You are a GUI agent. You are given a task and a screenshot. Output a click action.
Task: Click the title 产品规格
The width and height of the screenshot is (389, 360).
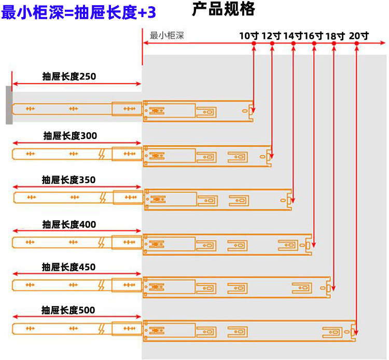pos(224,9)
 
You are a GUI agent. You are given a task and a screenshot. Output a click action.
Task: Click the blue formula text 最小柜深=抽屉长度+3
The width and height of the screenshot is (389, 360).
pos(79,12)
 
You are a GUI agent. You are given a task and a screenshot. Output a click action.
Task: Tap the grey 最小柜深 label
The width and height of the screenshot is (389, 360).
pos(166,35)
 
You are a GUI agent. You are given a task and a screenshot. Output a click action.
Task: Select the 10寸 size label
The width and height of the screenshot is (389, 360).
pos(249,36)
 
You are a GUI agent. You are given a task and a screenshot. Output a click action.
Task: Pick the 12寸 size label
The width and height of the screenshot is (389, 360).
pos(271,36)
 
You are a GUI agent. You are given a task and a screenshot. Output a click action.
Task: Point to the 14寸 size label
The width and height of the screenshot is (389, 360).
pos(293,36)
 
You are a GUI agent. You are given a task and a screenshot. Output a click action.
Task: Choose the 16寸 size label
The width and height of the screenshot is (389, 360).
pos(313,36)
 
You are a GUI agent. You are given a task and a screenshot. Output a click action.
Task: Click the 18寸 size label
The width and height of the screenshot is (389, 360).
pos(335,36)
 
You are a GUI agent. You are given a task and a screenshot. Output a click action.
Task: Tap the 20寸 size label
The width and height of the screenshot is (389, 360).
pos(359,36)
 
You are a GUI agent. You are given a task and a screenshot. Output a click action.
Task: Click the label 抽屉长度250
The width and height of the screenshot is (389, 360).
pos(69,76)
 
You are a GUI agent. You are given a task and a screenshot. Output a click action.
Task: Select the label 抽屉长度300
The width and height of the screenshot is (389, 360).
pos(70,136)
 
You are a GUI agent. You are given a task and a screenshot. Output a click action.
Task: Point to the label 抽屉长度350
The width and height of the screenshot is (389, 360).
pos(68,180)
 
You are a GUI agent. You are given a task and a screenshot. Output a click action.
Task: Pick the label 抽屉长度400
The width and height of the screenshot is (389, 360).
pos(69,225)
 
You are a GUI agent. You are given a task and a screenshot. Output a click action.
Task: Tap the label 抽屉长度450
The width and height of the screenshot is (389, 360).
pos(68,267)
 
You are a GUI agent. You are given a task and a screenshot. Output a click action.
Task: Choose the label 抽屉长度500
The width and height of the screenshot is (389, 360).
pos(68,310)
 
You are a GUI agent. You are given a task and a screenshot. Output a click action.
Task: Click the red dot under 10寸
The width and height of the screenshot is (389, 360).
pos(254,44)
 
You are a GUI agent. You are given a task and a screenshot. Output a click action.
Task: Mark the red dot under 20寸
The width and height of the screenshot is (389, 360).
pos(356,44)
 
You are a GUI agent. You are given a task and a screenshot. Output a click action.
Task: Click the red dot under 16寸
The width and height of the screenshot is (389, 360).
pos(314,44)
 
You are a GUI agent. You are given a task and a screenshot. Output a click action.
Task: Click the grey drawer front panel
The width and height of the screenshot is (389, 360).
pos(9,105)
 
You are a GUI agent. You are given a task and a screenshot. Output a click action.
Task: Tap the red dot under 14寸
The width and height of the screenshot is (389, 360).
pos(294,44)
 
